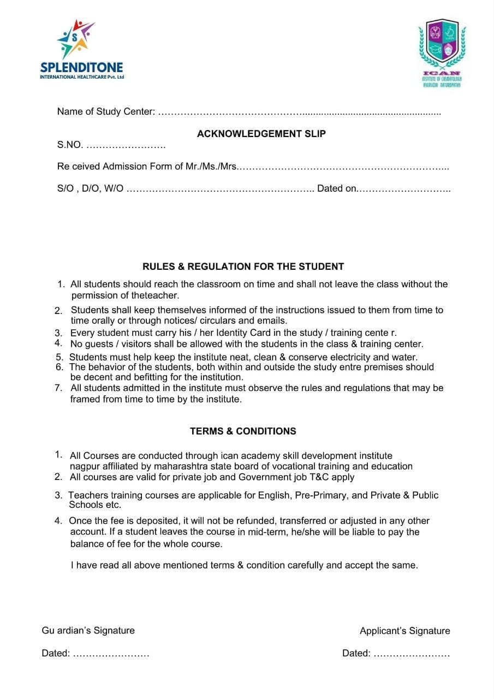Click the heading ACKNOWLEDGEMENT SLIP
(261, 134)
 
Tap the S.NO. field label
(70, 145)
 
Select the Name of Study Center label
(106, 112)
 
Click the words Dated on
(337, 188)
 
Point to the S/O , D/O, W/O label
(90, 188)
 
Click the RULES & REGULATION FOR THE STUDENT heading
(243, 267)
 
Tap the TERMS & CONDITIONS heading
(243, 431)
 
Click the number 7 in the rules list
(58, 388)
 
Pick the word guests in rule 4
(99, 344)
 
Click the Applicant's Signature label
(404, 631)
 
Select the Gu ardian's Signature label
(88, 631)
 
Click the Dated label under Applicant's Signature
(356, 654)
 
